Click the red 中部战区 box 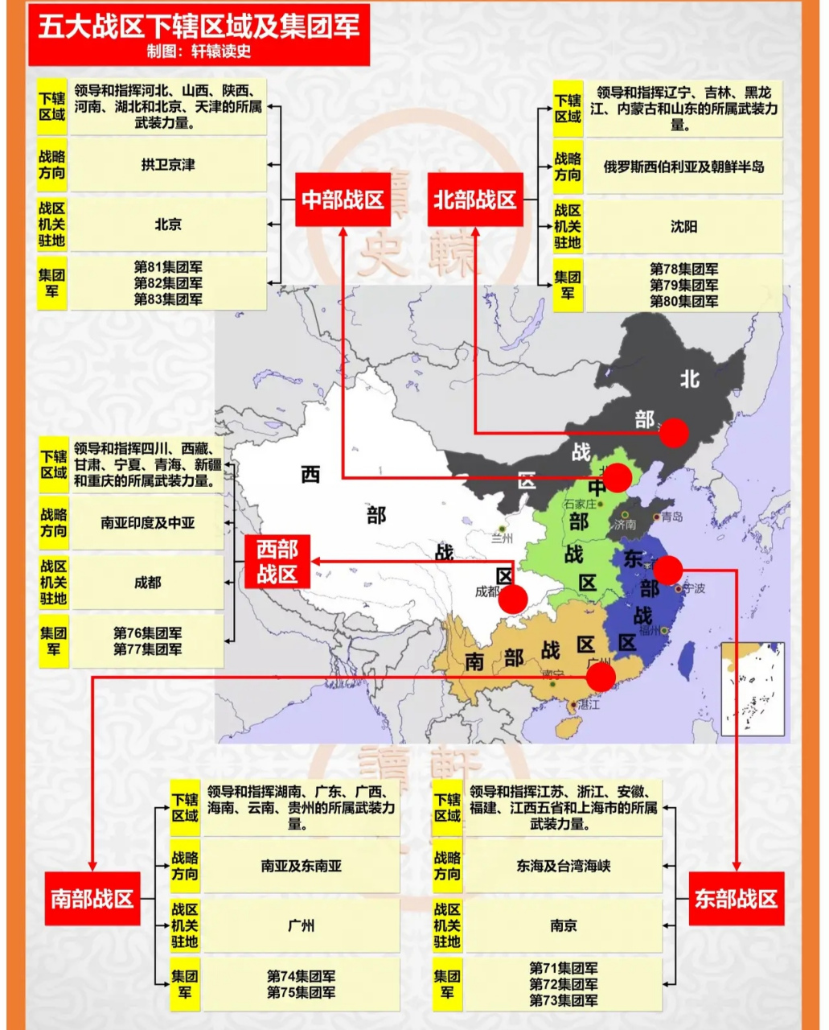tap(343, 200)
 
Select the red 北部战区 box tap(474, 200)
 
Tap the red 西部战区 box tap(277, 562)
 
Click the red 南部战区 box tap(92, 899)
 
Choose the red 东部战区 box tap(736, 899)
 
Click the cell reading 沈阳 tap(683, 227)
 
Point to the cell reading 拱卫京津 tap(168, 165)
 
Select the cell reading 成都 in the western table tap(147, 583)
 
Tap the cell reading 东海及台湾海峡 tap(563, 867)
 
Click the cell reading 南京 tap(563, 926)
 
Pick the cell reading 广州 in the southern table tap(301, 926)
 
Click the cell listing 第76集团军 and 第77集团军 tap(147, 641)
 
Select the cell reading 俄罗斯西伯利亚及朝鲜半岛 tap(683, 167)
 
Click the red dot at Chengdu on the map tap(513, 599)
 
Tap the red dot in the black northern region tap(674, 433)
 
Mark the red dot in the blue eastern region tap(668, 570)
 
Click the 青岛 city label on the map tap(671, 517)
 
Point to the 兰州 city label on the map tap(503, 538)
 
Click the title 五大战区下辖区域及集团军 tap(199, 27)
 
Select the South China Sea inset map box tap(753, 689)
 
